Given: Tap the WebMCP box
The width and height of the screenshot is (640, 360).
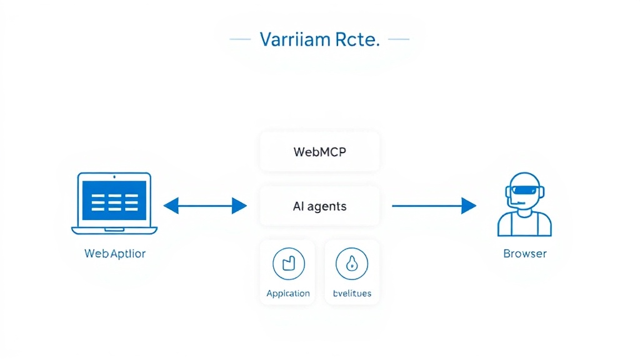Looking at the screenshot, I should tap(319, 152).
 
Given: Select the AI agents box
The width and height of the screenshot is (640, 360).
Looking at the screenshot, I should tap(319, 206).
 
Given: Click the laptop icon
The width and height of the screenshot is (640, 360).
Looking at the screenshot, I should tap(115, 204).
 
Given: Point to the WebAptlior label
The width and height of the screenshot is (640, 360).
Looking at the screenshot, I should tap(115, 254).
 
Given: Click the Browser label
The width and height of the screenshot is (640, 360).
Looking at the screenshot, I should tap(525, 254).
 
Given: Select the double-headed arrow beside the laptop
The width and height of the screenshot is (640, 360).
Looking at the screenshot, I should tap(205, 205).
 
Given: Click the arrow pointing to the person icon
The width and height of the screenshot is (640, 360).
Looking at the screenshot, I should tap(434, 205).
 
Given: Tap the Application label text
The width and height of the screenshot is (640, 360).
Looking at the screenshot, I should tap(288, 293).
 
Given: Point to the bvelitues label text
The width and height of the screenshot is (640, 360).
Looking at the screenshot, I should tap(352, 293).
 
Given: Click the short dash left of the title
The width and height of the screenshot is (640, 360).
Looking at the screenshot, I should tap(240, 39).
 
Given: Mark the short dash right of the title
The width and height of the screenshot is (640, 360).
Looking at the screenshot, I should tap(399, 39).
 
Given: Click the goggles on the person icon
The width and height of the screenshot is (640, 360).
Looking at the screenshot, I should tap(524, 192).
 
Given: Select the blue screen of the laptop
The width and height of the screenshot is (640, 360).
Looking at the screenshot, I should tap(115, 200).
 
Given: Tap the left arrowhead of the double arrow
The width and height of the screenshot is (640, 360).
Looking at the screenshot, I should tap(171, 205).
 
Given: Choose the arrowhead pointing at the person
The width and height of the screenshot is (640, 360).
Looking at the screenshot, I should tap(469, 205).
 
